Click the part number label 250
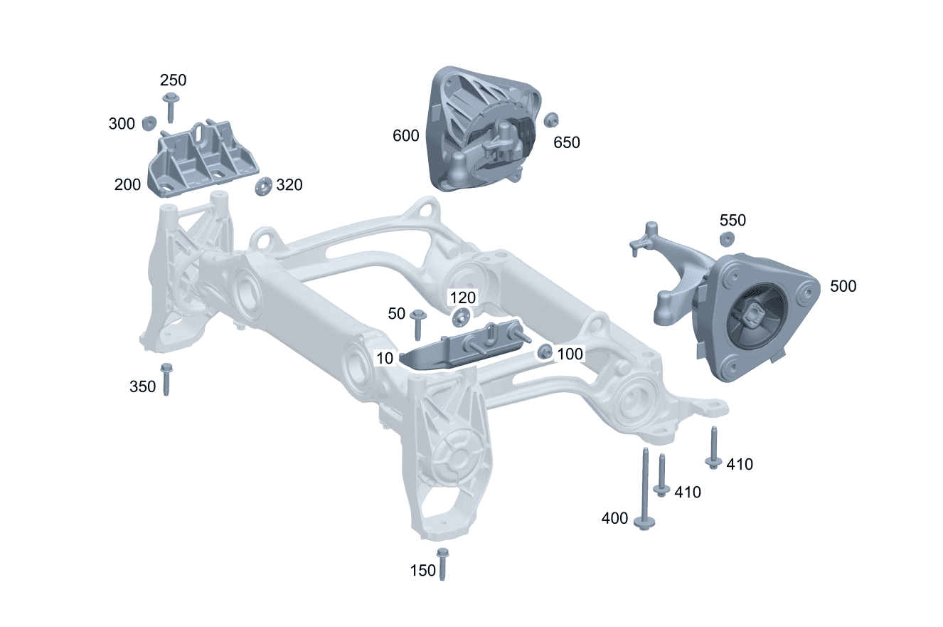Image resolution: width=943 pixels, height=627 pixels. [173, 80]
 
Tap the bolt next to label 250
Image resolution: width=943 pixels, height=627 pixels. [171, 107]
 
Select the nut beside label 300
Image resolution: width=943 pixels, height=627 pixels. [149, 123]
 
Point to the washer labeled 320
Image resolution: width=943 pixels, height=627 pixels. [264, 186]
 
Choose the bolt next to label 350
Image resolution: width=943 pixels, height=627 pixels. [166, 379]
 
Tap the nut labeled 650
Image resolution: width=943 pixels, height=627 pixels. [550, 120]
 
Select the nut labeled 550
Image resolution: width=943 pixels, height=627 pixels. [727, 239]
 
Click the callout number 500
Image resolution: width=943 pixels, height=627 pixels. [843, 287]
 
